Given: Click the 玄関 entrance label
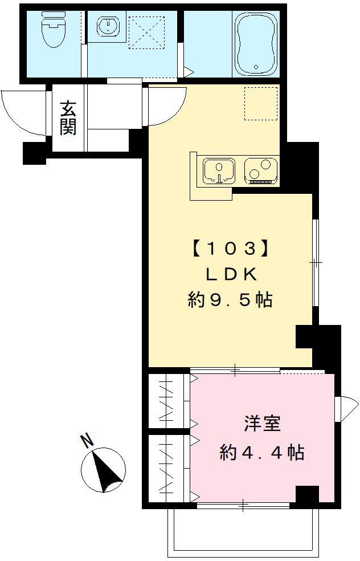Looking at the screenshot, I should coord(68,118).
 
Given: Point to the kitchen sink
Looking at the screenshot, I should coord(219,172).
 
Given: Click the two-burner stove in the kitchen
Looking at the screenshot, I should coord(261,170).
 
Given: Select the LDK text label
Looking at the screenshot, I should coord(230,274).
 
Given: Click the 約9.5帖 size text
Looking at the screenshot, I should coord(230,300).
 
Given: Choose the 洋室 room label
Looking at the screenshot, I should coord(262,425).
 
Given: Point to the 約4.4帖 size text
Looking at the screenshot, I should coord(261,453).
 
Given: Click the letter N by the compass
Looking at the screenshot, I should coord(87,440).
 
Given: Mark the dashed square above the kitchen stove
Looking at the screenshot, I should coord(260,103).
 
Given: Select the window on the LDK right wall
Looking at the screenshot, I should coord(315,262).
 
